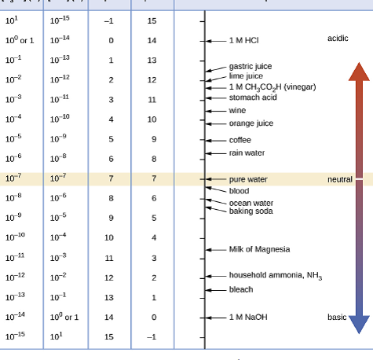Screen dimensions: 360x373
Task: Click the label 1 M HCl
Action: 243,39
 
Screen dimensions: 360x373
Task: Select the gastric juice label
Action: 250,68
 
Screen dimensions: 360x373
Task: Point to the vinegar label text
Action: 272,86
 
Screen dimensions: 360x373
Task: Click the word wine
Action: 237,111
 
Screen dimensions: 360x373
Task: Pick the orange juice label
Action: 250,123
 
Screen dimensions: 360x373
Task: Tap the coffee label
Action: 240,140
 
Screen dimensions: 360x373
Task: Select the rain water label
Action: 247,152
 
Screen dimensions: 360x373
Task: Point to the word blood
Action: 239,191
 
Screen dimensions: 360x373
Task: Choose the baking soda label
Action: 250,211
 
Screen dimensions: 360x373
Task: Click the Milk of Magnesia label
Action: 259,249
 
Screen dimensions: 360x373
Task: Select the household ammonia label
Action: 275,276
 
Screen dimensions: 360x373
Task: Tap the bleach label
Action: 241,289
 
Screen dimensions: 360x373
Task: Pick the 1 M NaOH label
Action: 248,317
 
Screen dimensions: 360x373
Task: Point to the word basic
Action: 337,317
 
